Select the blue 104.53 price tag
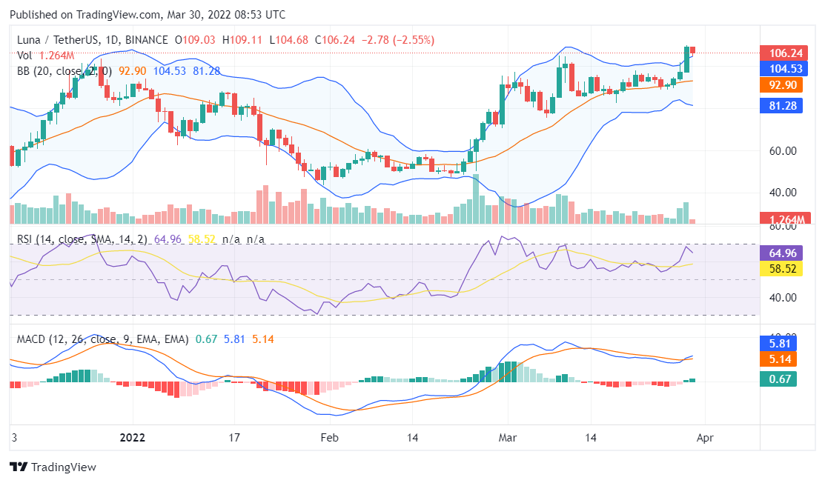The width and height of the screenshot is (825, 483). coord(782,68)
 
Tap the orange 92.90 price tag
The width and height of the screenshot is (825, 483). coord(782,84)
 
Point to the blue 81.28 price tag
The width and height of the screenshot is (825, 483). coord(782,106)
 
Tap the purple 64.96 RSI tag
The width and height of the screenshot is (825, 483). coord(782,253)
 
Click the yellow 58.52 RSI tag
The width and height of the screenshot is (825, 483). coord(782,268)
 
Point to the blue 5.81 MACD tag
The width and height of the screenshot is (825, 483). coord(782,344)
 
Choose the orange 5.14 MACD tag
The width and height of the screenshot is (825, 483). coord(782,359)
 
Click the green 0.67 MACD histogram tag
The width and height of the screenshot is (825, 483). coord(782,379)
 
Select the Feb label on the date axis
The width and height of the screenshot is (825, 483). coord(329,438)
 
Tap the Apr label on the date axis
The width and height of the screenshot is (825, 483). coord(705,438)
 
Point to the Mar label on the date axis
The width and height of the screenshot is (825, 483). coord(508,438)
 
